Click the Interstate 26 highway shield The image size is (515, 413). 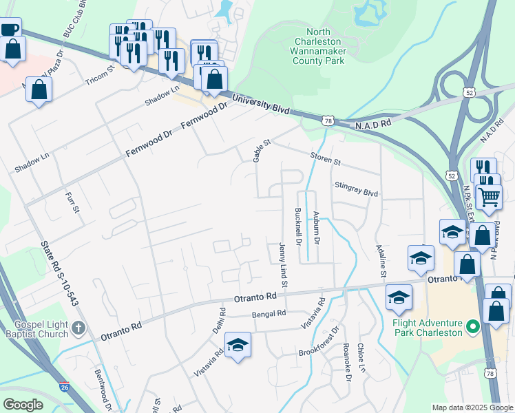[64, 387]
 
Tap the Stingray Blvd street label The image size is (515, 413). [357, 189]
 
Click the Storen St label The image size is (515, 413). [325, 159]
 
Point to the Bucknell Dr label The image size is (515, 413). [299, 227]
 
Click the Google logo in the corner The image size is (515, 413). [23, 405]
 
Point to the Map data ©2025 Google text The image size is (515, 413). [472, 407]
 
